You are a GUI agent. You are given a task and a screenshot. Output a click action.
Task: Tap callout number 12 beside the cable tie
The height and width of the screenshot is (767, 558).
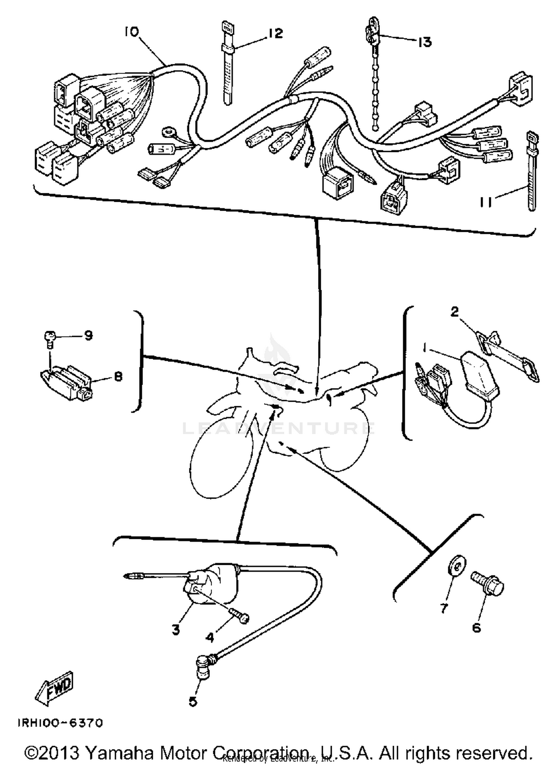(x=275, y=33)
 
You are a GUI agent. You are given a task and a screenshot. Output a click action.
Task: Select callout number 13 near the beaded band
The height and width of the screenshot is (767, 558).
(x=424, y=42)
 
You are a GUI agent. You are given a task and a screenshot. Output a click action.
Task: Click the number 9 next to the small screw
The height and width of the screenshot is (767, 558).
(x=88, y=336)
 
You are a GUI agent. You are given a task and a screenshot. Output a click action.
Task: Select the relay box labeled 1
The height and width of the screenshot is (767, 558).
(x=480, y=375)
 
